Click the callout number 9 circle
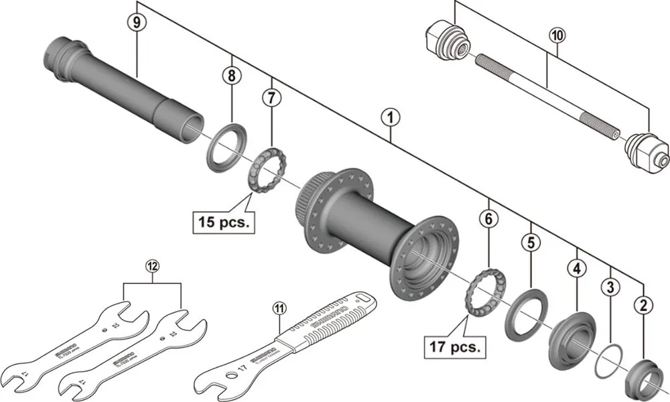pos(137,22)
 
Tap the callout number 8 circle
pos(232,76)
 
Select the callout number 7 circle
pos(271,97)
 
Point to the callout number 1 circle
pos(390,118)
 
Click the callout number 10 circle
pos(557,34)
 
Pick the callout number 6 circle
pos(489,219)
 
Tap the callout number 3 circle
pos(609,288)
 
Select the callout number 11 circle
pos(279,308)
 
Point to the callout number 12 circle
pos(153,266)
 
